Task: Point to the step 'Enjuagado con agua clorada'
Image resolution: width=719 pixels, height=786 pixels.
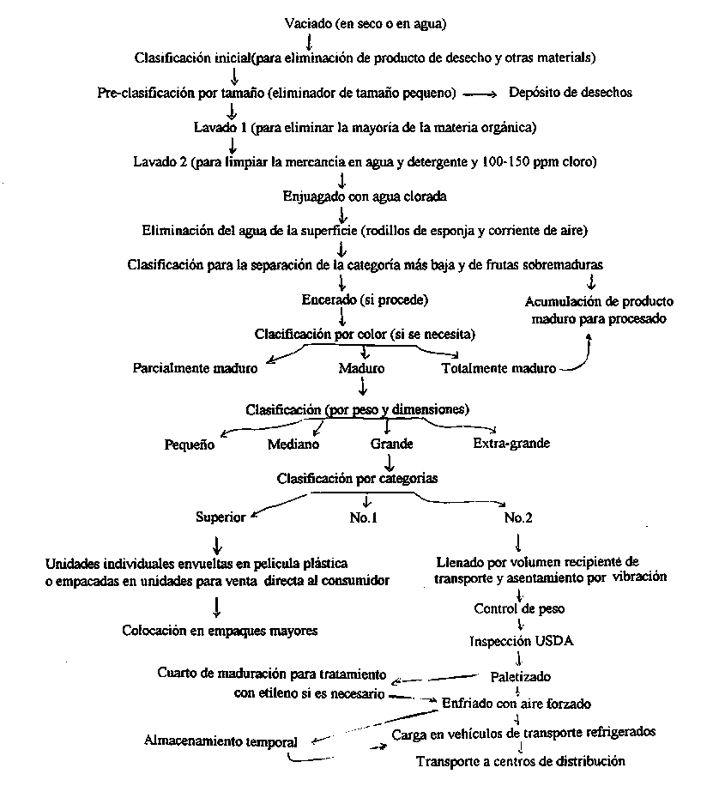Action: point(366,196)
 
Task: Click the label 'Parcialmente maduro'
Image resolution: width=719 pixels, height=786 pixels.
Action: point(196,369)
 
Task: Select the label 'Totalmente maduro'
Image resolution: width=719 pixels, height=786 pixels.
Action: point(498,369)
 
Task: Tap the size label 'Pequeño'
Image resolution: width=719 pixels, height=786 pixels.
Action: point(190,444)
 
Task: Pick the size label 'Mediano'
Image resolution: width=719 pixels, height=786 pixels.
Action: point(293,444)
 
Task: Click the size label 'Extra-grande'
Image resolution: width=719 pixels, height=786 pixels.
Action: point(511,444)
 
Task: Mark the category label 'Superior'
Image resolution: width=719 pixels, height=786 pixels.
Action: point(221,517)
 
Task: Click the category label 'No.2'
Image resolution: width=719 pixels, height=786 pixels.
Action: point(518,517)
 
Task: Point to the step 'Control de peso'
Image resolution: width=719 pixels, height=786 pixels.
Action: point(519,609)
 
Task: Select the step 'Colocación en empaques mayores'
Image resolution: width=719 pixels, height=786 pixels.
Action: point(221,631)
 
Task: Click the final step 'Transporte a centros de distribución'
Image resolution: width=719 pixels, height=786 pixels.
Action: point(521,761)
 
